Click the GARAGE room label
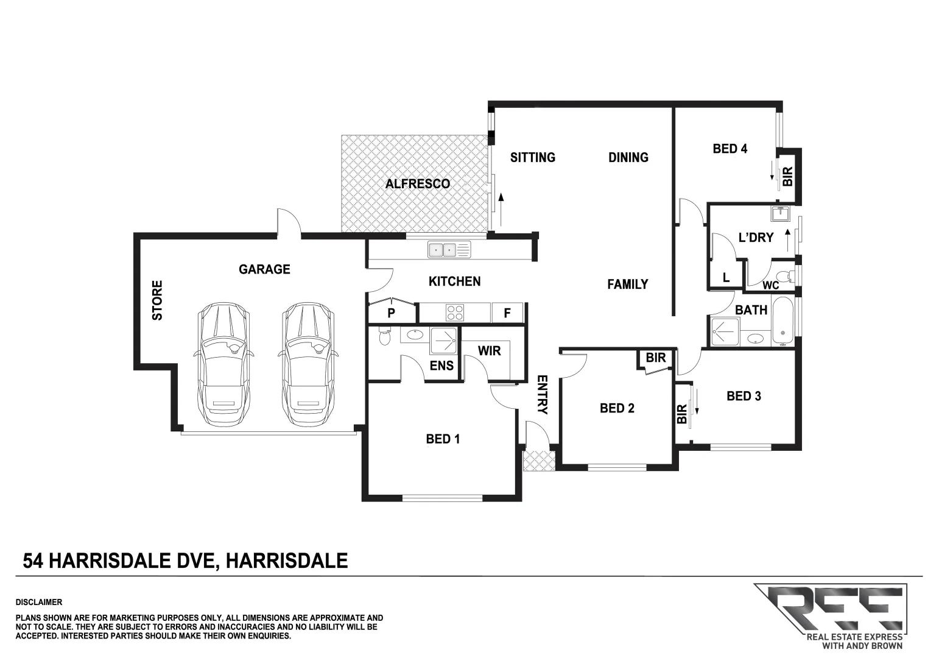(x=264, y=269)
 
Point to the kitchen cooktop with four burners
(x=454, y=313)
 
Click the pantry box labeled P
(x=392, y=313)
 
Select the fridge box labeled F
(x=507, y=313)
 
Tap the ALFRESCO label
(x=418, y=183)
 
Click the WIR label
(x=489, y=351)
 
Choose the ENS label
(x=441, y=365)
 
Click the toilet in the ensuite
(x=384, y=335)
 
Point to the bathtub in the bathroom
(x=782, y=321)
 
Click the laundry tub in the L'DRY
(x=779, y=214)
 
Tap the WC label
(x=770, y=285)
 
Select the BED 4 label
(x=730, y=148)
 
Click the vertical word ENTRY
(x=542, y=395)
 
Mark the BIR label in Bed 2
(x=656, y=358)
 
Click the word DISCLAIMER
(x=39, y=602)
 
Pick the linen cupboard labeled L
(x=726, y=278)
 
